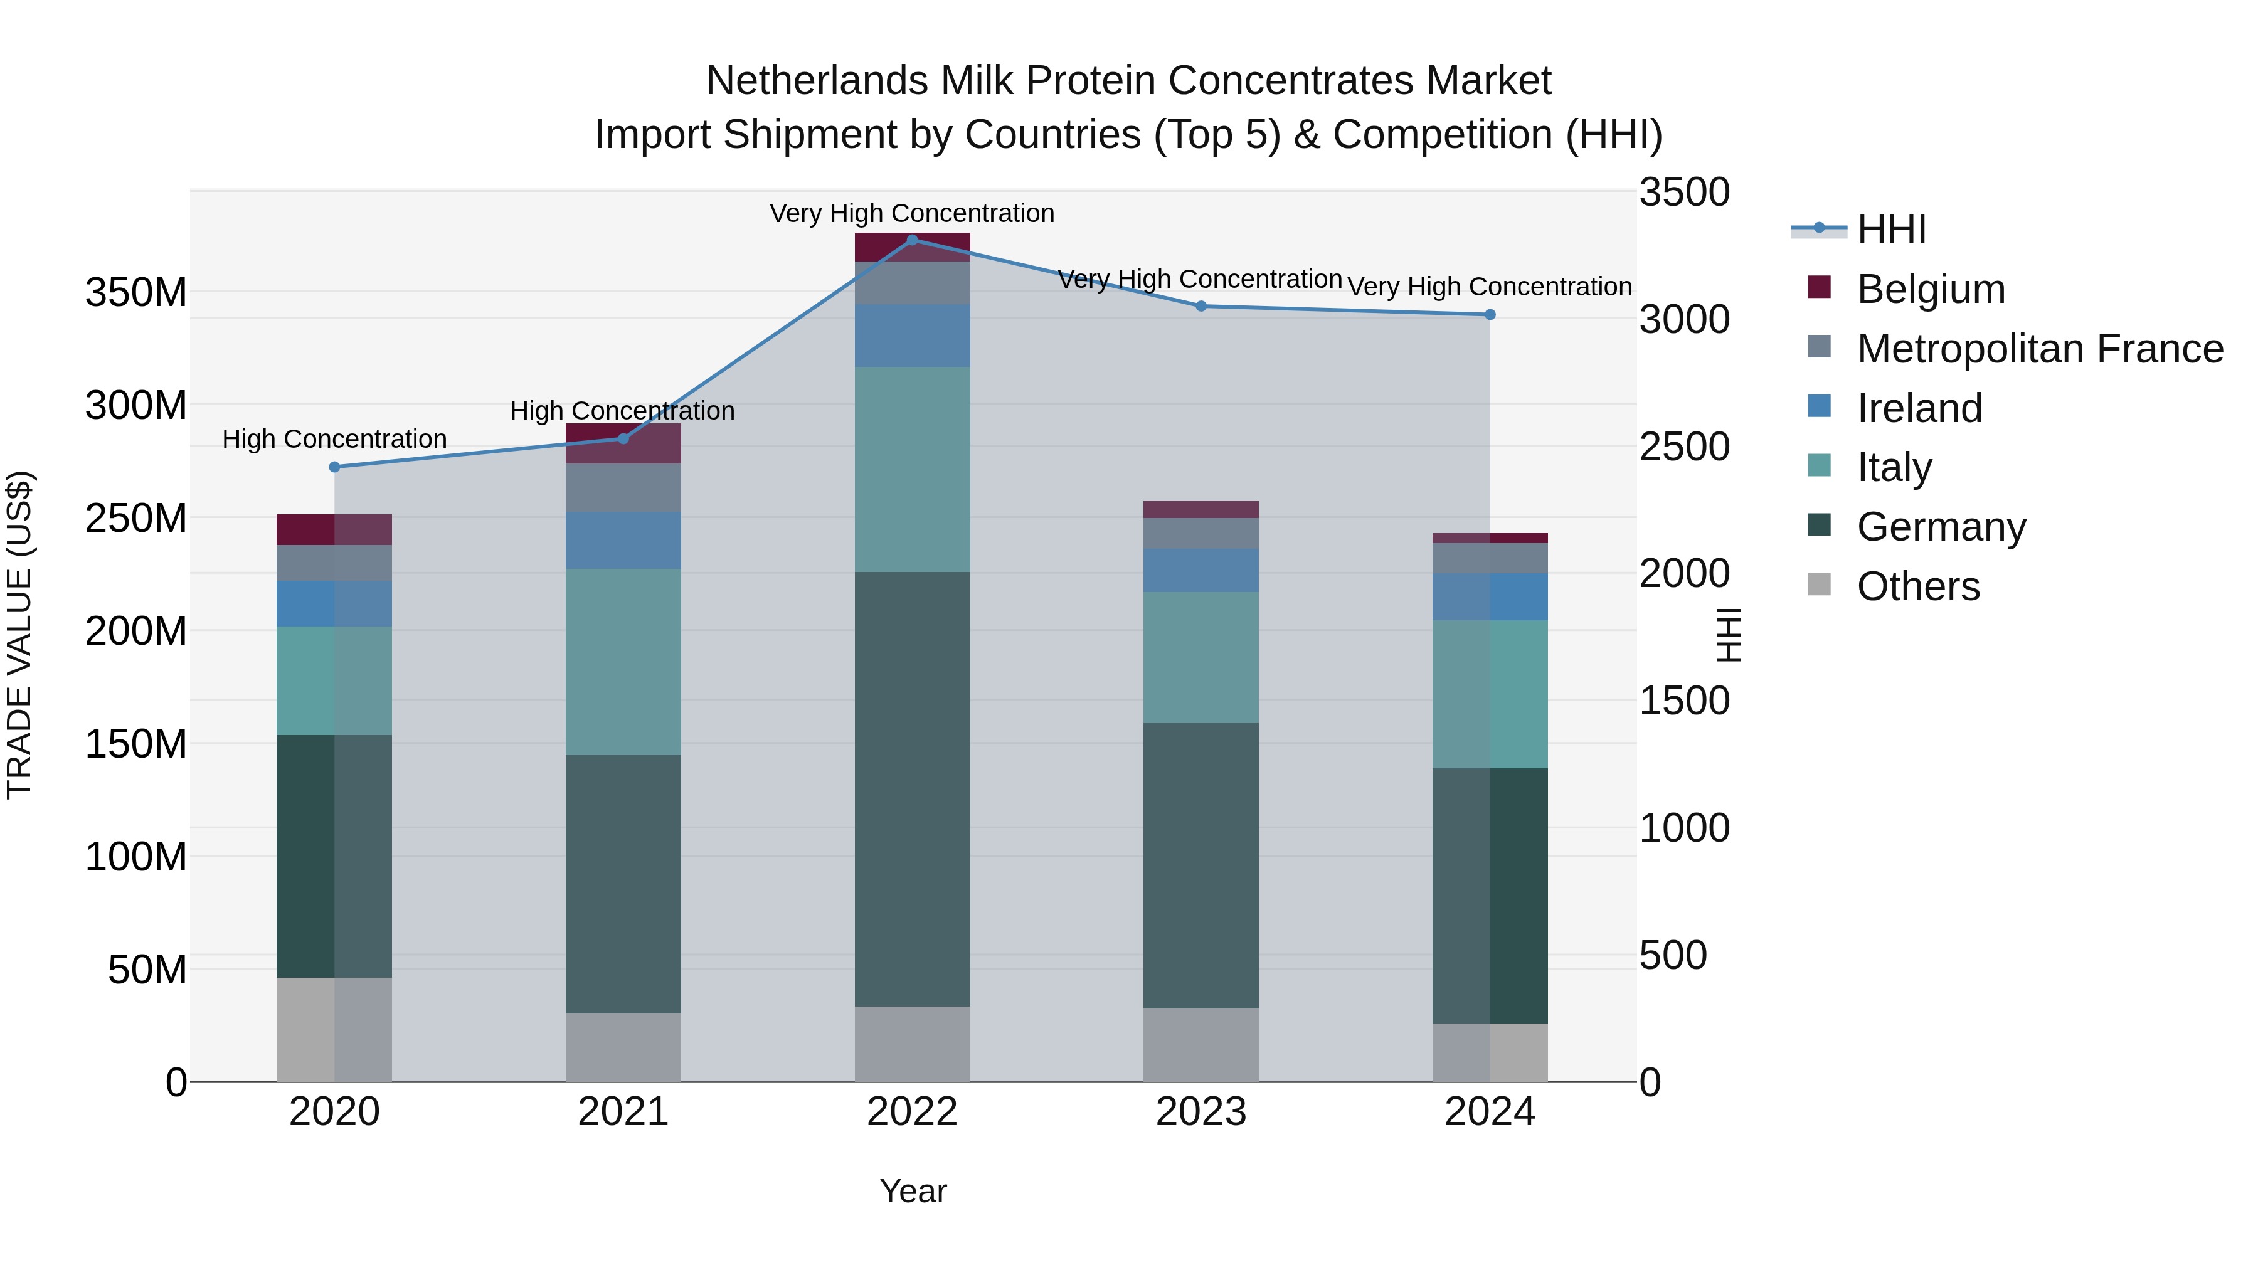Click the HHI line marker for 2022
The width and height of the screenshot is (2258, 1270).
click(x=911, y=240)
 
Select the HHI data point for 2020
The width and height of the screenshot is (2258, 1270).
click(x=334, y=467)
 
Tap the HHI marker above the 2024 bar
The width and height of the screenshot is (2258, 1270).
click(x=1489, y=315)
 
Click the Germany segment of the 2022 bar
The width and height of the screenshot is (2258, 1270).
click(x=911, y=789)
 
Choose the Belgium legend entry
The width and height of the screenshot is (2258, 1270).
click(x=1930, y=289)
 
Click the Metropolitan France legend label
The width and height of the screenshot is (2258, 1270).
click(x=2040, y=349)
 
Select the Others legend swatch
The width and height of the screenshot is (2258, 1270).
click(x=1819, y=585)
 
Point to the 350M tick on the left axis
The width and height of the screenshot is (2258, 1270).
click(x=136, y=292)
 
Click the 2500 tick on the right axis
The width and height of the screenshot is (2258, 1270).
click(x=1684, y=447)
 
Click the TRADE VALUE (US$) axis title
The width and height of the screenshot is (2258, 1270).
click(x=19, y=635)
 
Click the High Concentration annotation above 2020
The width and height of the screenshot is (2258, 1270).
click(x=334, y=439)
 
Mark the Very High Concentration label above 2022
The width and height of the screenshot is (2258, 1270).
click(x=911, y=214)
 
